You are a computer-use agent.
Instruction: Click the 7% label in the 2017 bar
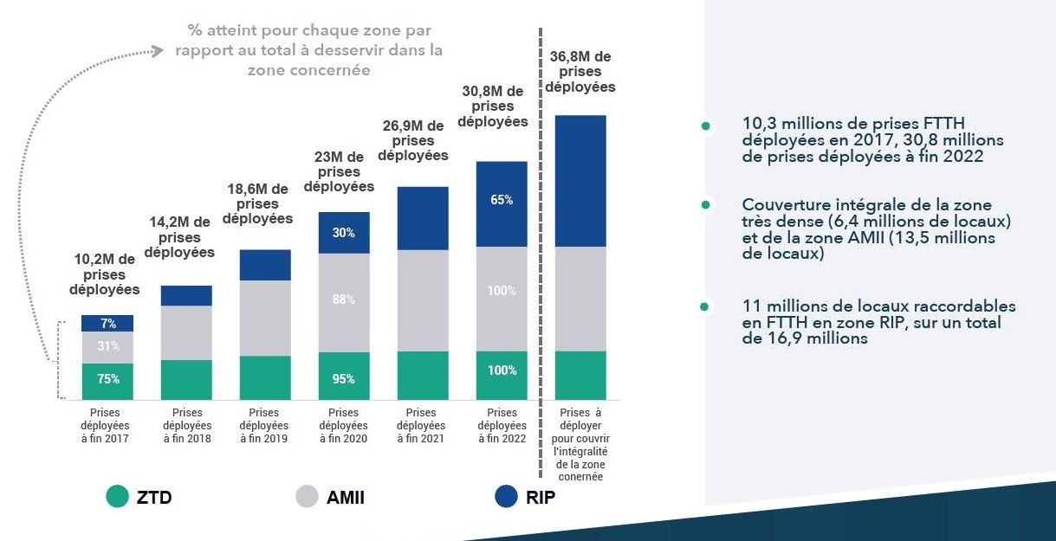click(x=108, y=324)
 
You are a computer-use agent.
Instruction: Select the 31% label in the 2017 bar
click(x=108, y=346)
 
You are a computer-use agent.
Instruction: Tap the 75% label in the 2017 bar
click(x=108, y=379)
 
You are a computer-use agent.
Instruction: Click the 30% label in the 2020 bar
click(x=344, y=233)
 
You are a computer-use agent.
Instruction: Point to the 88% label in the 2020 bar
click(x=344, y=300)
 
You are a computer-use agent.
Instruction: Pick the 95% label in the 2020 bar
click(x=344, y=379)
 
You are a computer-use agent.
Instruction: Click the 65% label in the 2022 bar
click(x=502, y=200)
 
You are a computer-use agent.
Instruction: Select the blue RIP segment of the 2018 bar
click(x=186, y=295)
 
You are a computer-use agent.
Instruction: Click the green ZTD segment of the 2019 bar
click(x=265, y=377)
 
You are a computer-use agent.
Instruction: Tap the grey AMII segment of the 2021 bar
click(x=423, y=300)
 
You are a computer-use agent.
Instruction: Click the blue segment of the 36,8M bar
click(x=580, y=180)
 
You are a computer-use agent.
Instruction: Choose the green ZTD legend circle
click(x=117, y=497)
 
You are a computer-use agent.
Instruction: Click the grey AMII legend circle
click(x=308, y=497)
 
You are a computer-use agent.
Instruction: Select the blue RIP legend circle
click(x=506, y=497)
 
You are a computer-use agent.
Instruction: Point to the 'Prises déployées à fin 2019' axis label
click(x=265, y=426)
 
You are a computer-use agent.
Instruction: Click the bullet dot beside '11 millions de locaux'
click(x=706, y=306)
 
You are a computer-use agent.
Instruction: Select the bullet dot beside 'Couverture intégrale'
click(x=706, y=205)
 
